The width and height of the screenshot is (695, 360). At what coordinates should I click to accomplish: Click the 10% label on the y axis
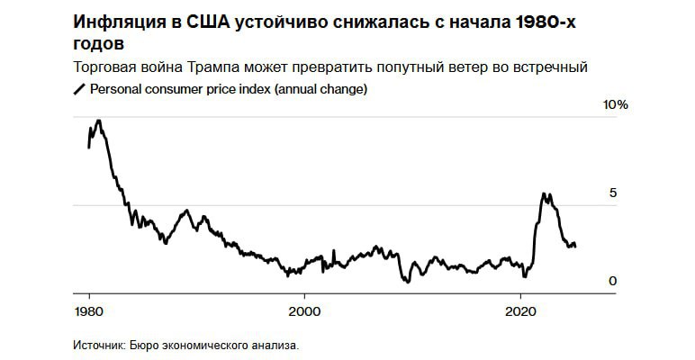615,105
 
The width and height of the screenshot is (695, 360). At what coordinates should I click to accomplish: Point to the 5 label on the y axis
613,193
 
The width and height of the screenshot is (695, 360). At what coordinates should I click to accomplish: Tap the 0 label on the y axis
613,281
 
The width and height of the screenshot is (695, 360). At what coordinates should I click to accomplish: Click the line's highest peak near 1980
98,121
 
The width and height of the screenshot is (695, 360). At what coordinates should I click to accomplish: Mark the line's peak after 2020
544,193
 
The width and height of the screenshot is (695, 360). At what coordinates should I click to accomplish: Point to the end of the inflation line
576,245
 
